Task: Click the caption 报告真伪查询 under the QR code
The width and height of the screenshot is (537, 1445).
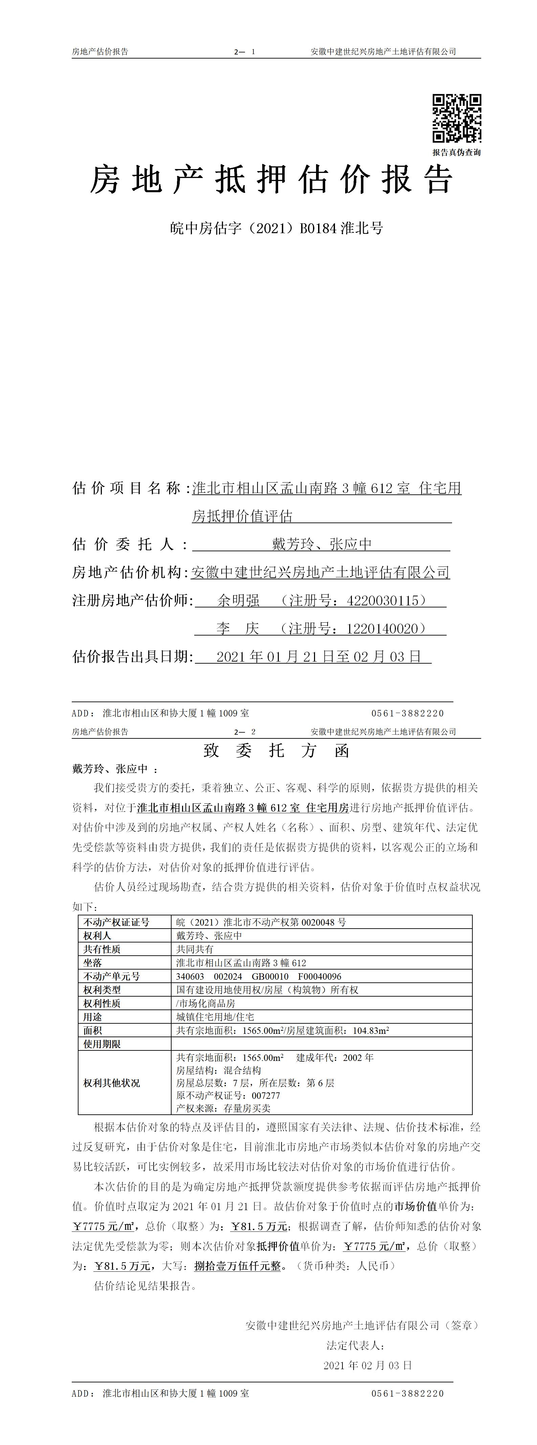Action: (x=456, y=152)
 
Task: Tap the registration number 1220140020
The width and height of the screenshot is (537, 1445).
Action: (x=382, y=629)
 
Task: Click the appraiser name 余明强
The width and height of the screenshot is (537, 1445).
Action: (x=239, y=601)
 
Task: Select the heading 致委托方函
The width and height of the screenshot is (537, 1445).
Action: (x=276, y=751)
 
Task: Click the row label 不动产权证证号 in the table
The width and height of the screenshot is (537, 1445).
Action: (x=117, y=921)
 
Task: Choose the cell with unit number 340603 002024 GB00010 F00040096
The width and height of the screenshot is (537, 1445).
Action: (x=259, y=976)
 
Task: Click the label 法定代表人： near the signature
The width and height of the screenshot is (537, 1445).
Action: (x=356, y=1345)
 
